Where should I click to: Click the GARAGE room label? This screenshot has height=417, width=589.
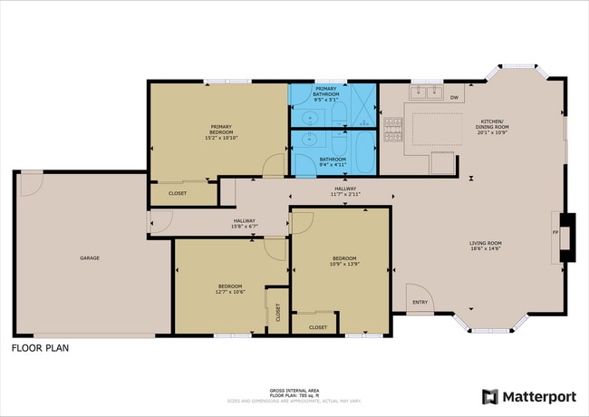[89, 258]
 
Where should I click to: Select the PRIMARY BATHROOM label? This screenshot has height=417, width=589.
[326, 92]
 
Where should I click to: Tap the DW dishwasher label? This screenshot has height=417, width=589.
[454, 97]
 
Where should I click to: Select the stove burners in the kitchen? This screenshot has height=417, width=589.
[393, 131]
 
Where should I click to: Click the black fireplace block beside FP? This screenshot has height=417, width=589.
[567, 238]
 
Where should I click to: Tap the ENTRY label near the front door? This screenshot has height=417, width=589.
[420, 302]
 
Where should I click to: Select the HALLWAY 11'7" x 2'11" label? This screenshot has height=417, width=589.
[344, 191]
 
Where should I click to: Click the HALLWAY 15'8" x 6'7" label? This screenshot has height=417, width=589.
[245, 222]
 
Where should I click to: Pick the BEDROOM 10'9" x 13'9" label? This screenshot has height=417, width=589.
[343, 260]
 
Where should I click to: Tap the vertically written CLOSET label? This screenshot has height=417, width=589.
[277, 312]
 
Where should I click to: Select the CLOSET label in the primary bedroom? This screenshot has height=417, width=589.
[178, 193]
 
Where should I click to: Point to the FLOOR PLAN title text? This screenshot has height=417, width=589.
[40, 347]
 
